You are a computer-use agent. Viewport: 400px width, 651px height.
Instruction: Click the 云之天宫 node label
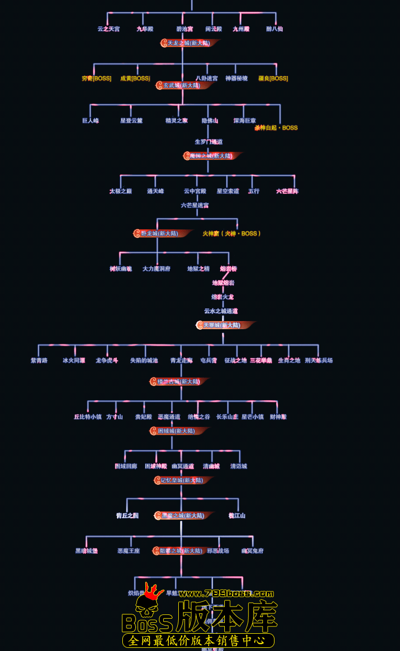click(108, 29)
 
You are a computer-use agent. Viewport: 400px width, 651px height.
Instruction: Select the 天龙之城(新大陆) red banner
click(189, 43)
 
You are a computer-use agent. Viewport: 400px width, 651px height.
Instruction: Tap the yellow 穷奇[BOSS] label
click(97, 78)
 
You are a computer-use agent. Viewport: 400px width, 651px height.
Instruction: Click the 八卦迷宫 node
click(207, 78)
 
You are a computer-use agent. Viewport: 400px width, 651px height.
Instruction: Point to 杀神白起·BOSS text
click(276, 127)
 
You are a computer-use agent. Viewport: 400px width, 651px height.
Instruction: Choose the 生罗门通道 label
click(209, 142)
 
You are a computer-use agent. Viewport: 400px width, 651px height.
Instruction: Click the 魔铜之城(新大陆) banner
click(211, 156)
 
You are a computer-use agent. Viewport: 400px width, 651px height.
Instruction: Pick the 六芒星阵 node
click(287, 191)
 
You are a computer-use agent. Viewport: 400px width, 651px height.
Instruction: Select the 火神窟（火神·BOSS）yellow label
click(232, 234)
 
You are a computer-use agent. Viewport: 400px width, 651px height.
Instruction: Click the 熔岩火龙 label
click(222, 297)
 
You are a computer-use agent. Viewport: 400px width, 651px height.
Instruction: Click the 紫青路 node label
click(39, 361)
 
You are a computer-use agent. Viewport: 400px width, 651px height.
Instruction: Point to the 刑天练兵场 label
click(318, 361)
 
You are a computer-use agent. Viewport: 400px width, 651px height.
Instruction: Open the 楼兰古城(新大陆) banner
click(179, 381)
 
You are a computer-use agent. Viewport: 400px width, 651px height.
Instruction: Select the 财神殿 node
click(278, 417)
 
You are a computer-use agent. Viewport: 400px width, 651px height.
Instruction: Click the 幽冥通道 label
click(182, 466)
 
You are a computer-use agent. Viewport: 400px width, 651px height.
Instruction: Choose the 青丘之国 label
click(127, 516)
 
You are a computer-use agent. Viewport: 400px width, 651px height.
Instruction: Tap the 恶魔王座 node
click(129, 551)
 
